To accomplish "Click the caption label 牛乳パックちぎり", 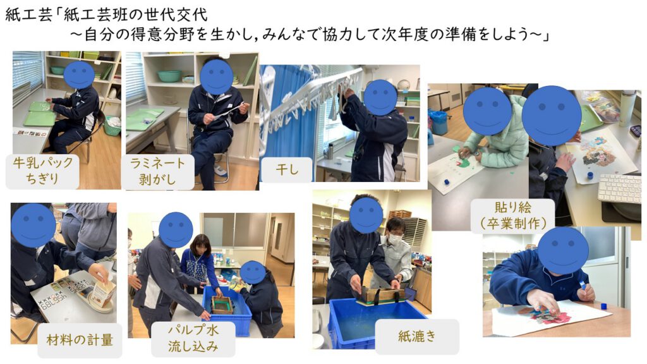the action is pos(42,171).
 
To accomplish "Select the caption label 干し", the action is pos(287,169).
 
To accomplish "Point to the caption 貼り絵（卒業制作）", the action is pos(513,216).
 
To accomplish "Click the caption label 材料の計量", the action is pos(80,341).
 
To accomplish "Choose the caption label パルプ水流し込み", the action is pos(193,339).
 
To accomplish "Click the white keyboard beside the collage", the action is pos(620,188).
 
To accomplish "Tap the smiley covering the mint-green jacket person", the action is pos(487,111).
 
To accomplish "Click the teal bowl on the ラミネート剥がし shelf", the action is pos(169,76).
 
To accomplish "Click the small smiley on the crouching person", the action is pos(253,272).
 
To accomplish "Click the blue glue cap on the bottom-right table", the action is pos(603,306).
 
